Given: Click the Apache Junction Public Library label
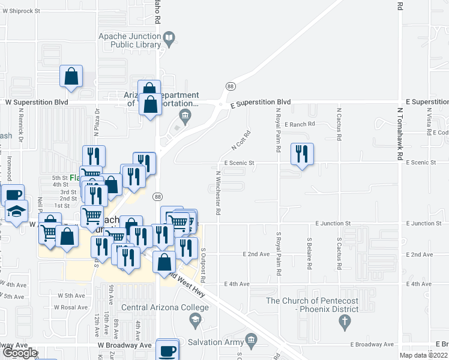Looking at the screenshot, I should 130,40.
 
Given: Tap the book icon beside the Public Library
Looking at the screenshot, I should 170,40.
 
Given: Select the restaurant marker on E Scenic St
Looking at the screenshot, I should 301,154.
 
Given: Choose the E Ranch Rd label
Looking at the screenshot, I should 300,124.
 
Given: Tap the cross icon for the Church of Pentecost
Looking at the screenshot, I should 345,322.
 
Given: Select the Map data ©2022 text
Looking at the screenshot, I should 423,355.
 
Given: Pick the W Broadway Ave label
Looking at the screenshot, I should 125,346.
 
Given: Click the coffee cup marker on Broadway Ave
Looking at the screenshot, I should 167,350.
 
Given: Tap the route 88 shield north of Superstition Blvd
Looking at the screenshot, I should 231,87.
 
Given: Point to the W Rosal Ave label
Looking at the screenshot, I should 71,307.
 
